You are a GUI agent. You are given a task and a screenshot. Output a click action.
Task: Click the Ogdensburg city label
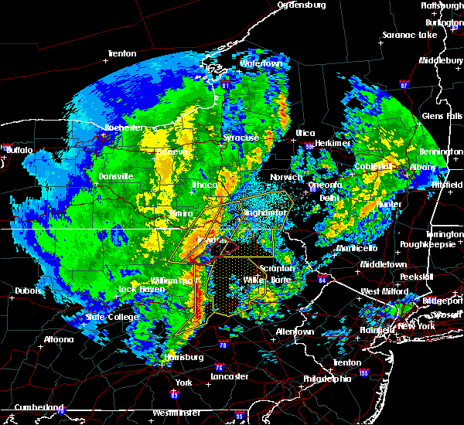302,5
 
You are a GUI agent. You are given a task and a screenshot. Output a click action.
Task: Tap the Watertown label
259,63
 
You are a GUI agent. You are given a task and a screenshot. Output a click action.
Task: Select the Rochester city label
124,127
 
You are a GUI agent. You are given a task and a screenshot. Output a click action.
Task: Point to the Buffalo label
19,150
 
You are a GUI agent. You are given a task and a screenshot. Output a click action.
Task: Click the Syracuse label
241,138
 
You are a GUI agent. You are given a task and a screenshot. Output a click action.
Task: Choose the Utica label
305,133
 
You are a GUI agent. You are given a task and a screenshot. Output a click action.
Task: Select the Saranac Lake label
408,36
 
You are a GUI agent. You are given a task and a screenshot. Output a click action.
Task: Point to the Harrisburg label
183,357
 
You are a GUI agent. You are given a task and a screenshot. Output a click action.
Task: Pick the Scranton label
277,268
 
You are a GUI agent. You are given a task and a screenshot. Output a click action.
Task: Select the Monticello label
357,249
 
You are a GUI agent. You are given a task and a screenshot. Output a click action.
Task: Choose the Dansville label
116,176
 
